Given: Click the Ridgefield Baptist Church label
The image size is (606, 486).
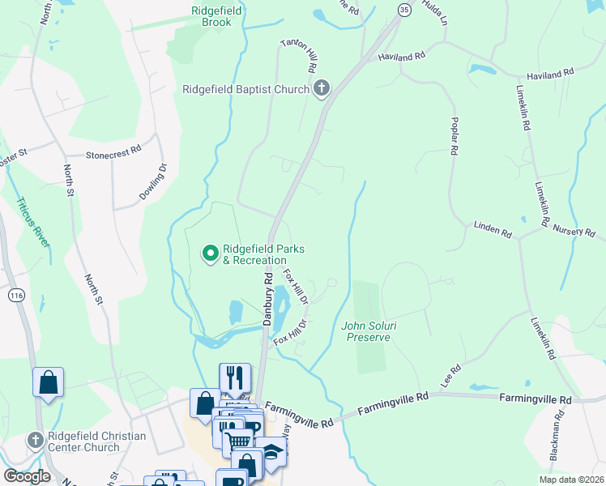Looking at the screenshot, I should [245, 89].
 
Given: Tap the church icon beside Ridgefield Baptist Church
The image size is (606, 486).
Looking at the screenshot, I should [322, 88].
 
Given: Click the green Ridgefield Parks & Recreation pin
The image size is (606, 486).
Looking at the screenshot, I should [211, 254].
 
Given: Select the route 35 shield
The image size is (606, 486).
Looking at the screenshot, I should [404, 8].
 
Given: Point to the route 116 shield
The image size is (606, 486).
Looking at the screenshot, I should [15, 296].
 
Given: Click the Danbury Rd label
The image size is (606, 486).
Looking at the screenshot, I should [267, 300].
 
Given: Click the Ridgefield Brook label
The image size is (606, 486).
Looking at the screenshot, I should [211, 16].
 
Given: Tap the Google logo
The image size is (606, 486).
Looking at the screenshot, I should [26, 476].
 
